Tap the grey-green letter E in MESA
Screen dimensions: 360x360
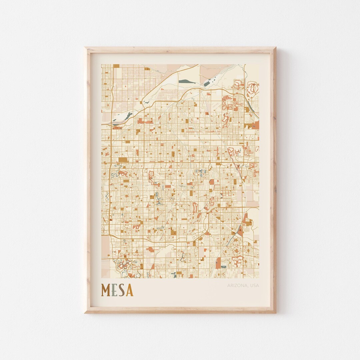[x=114, y=290]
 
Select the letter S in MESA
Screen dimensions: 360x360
[x=121, y=290]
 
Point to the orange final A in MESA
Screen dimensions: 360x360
[x=129, y=290]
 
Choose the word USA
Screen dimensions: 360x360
[x=254, y=285]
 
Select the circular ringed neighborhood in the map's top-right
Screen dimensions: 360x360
[x=253, y=88]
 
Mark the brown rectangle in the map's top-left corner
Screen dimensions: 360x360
[x=116, y=66]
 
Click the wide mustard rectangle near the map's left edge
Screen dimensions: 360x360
[x=123, y=160]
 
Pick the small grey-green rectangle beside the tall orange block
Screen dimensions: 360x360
[x=223, y=267]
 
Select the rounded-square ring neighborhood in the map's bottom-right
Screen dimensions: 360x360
[x=237, y=262]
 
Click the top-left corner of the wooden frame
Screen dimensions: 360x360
[x=85, y=48]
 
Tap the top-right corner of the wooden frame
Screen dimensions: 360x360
[x=275, y=48]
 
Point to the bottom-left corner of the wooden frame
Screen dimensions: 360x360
[x=85, y=312]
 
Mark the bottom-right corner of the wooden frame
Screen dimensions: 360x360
[x=275, y=312]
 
